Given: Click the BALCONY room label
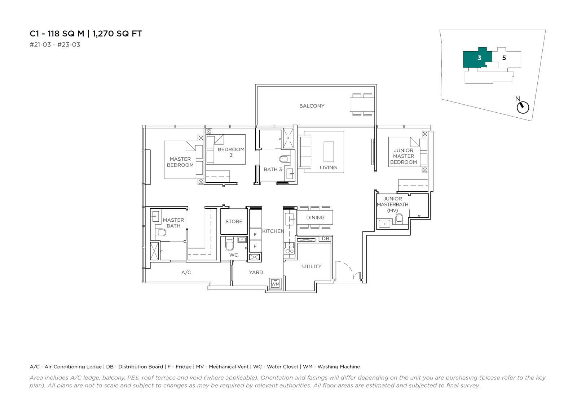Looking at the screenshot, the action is [312, 106].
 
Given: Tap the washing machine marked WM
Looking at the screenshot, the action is [276, 284].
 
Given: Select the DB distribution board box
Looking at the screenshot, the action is [326, 239].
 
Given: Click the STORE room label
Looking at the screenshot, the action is [234, 221].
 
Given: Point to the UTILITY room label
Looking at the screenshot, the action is [312, 266].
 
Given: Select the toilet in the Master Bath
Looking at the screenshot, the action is [162, 233].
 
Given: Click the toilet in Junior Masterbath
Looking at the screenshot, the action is [399, 219].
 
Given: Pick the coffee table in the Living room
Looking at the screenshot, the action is [329, 152].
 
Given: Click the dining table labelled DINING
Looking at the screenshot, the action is [315, 217].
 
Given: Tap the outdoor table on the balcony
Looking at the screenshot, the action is [362, 104].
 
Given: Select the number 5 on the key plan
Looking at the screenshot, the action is [504, 58].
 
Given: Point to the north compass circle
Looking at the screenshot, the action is [523, 108].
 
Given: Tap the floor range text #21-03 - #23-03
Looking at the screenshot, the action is [55, 45].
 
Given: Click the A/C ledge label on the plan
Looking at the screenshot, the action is [186, 272].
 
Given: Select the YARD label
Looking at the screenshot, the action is [256, 272].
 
